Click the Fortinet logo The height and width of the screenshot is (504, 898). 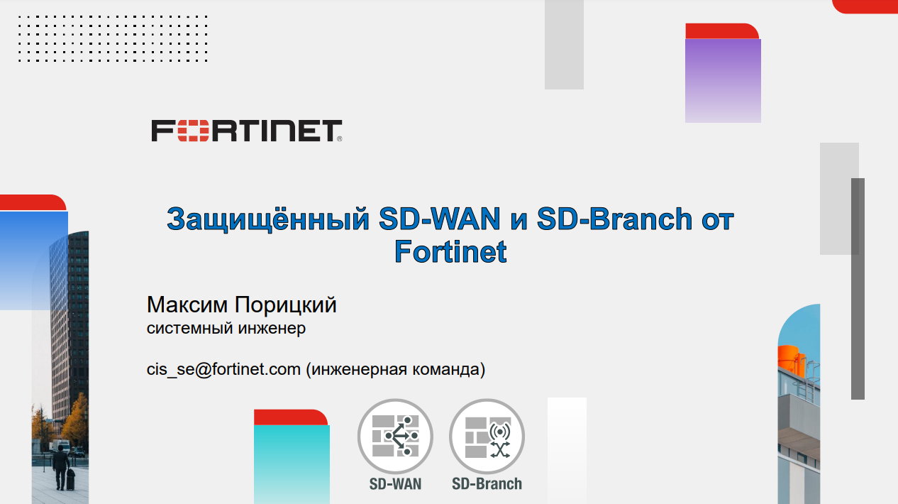245,131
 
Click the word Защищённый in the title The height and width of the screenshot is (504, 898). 267,219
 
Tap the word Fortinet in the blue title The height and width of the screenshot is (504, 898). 450,251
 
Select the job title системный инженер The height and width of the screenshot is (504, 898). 226,329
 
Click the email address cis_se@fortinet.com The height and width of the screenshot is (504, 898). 223,369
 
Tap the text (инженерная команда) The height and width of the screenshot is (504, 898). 396,369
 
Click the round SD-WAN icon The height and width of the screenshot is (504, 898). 395,437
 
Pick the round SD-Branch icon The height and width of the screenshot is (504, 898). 487,437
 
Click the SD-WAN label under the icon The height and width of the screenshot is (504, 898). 395,484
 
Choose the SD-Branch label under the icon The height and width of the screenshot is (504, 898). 487,484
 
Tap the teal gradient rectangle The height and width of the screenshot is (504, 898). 292,464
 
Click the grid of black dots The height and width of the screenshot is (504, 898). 112,38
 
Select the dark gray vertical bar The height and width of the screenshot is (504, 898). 858,288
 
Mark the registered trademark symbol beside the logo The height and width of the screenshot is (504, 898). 339,139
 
